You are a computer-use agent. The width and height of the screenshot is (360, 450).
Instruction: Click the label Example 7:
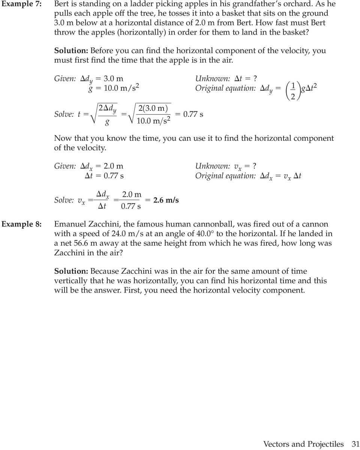coord(21,4)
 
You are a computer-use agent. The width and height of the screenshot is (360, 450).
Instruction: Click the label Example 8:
coord(21,224)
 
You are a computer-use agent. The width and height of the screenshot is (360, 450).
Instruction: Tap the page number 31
coord(355,444)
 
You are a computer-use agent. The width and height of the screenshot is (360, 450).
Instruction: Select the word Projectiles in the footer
coord(325,444)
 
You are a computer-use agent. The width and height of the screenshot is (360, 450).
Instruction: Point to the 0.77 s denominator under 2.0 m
coord(131,206)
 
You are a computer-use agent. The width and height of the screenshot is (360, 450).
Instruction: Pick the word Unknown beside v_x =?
coord(212,166)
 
